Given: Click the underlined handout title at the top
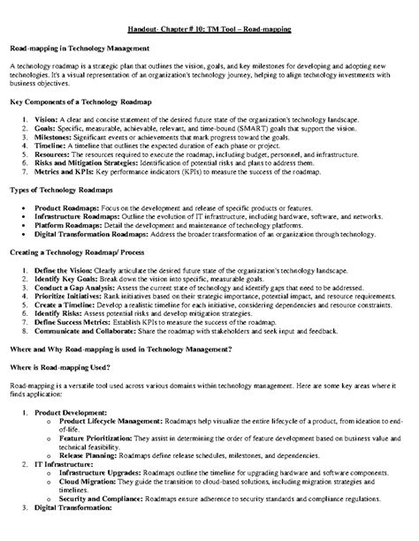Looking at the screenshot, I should tap(209, 29).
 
